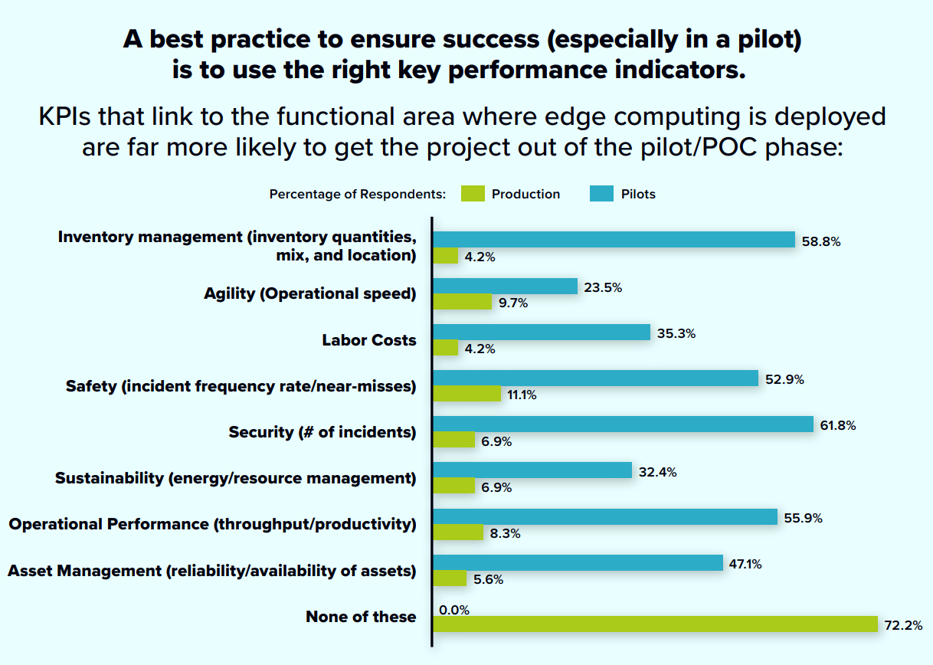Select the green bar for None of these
coord(656,624)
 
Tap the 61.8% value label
coord(837,426)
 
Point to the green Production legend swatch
coord(473,194)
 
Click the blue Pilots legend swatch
coord(601,194)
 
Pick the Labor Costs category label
coord(369,340)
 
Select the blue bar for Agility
coord(506,286)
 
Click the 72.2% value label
coord(903,626)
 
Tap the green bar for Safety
coord(467,394)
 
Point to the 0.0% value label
coord(454,610)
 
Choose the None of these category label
coord(361,617)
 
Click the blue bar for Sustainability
coord(533,470)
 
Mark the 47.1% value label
coord(746,564)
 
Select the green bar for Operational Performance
coord(459,532)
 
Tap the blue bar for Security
coord(624,424)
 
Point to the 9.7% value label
coord(514,303)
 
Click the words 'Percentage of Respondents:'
coord(358,195)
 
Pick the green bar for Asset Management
coord(450,578)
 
